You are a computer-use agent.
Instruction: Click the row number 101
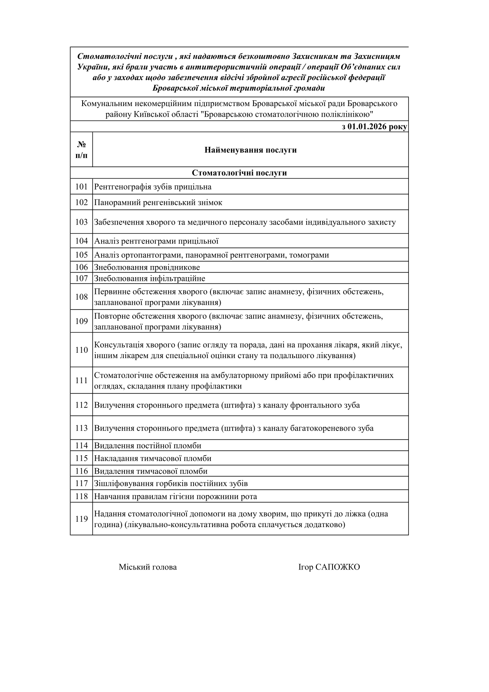81,187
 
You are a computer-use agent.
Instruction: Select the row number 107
81,278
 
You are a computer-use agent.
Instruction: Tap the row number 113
81,428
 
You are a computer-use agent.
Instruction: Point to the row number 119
81,519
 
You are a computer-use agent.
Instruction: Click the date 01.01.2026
367,127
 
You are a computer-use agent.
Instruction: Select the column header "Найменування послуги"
250,150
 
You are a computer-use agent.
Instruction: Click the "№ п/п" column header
81,150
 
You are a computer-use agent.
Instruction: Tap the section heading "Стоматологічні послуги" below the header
239,173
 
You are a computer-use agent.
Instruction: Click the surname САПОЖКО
338,567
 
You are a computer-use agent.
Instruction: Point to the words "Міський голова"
148,567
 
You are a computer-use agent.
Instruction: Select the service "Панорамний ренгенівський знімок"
158,202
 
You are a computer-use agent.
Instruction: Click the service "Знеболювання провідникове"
147,267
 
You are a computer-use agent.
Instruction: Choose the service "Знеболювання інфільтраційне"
150,278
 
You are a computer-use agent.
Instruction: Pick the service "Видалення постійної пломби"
148,446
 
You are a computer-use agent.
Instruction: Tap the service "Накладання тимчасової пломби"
153,458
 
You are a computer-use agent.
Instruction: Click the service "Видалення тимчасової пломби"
151,471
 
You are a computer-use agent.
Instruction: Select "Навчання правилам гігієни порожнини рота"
175,496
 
